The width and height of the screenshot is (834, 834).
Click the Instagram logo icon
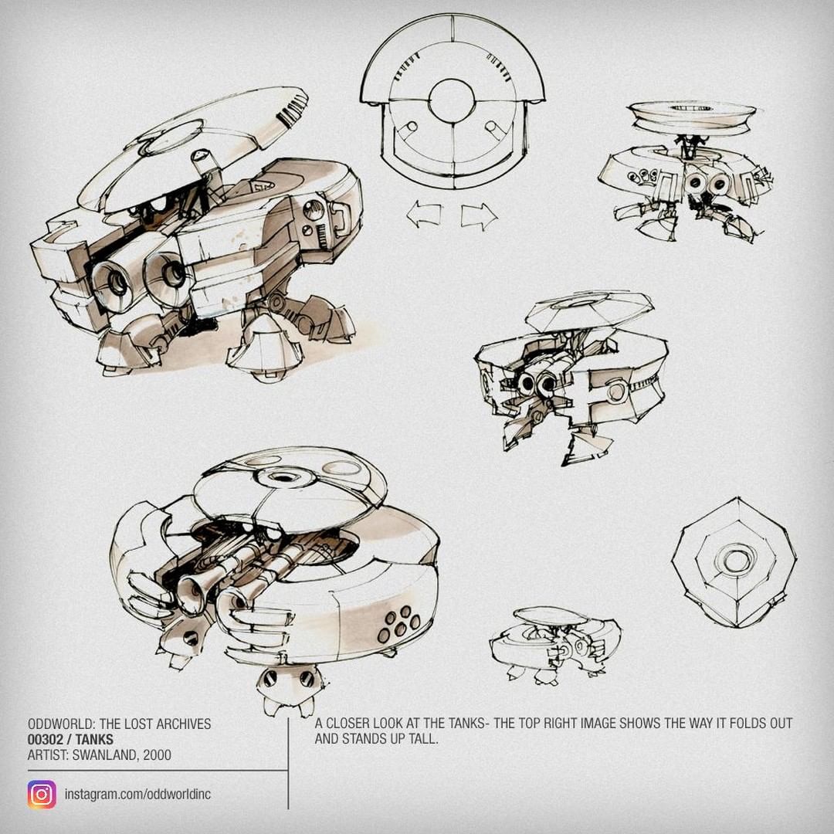[x=42, y=795]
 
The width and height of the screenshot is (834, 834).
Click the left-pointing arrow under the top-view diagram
[x=424, y=215]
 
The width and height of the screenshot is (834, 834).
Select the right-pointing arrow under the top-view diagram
[x=480, y=216]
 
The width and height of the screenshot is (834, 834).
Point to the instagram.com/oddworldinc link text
[x=137, y=795]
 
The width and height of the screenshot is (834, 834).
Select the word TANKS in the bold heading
[x=94, y=739]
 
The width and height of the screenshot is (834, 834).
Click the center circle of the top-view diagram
[x=452, y=102]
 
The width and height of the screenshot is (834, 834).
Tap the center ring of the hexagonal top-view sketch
[x=735, y=561]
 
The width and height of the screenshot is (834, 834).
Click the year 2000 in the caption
[x=157, y=754]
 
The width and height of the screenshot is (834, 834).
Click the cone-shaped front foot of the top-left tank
[x=264, y=348]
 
